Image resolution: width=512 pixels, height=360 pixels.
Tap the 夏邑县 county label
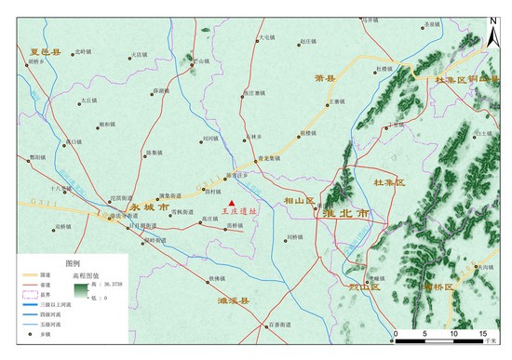45,53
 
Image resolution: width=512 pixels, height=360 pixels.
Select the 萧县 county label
325,78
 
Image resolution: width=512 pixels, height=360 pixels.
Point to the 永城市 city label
150,208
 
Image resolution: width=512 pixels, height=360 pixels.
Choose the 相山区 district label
300,200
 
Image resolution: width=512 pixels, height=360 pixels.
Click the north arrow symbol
493,21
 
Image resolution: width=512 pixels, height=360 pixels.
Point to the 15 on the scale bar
482,332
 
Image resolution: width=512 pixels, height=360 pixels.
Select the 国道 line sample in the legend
31,275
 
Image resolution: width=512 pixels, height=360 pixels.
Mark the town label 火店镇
139,55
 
